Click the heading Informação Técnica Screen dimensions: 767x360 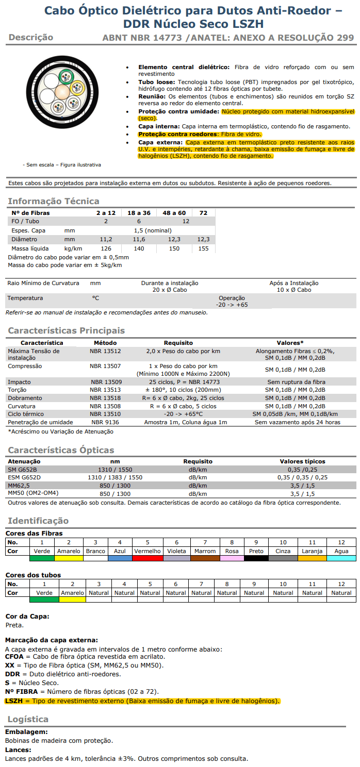point(54,201)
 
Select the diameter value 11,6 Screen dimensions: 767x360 point(139,239)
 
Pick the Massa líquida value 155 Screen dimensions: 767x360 point(203,248)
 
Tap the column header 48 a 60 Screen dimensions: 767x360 point(174,212)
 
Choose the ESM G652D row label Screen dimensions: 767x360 point(24,477)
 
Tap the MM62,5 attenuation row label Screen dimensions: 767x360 point(19,486)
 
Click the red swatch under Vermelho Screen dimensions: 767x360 point(148,558)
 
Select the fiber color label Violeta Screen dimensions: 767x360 point(176,551)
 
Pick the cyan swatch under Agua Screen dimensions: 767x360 point(341,558)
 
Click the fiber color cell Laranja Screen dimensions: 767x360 point(312,551)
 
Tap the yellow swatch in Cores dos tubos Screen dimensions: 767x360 point(72,599)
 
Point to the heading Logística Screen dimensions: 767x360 point(28,719)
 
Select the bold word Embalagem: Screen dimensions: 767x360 point(26,732)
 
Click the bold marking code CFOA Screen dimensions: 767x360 point(14,657)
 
